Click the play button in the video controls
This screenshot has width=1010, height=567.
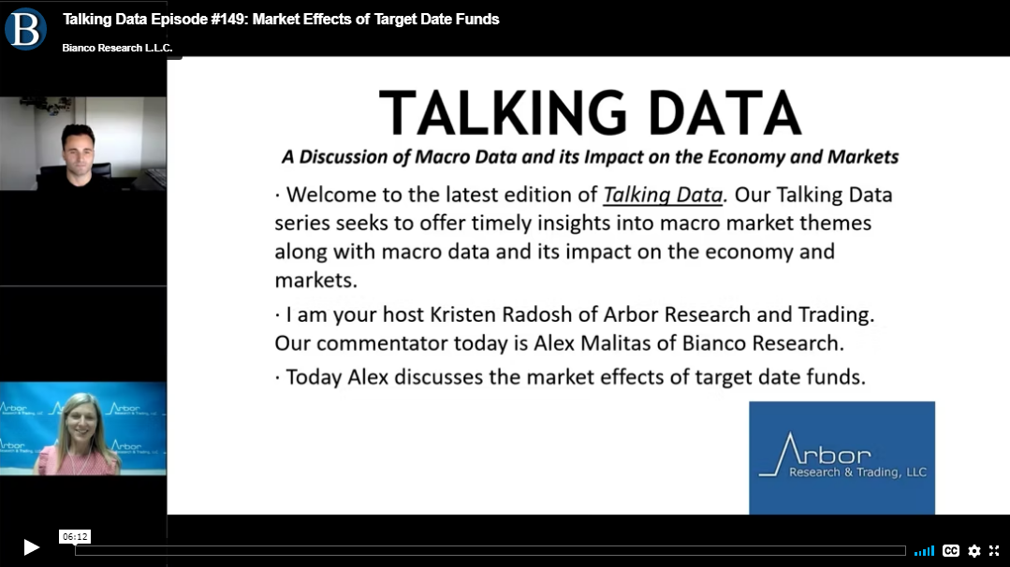[x=32, y=547]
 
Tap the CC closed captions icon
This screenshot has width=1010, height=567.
[x=951, y=551]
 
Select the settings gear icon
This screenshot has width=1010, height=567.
[x=974, y=551]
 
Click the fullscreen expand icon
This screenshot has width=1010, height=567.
[x=994, y=551]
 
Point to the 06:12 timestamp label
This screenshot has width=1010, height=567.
[x=75, y=537]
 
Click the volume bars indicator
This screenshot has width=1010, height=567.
[x=924, y=551]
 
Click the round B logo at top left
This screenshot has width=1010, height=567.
[x=26, y=29]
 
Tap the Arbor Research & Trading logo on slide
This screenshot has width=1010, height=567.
[x=842, y=458]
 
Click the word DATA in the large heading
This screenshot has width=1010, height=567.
[x=725, y=112]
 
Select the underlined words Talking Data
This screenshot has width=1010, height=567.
[x=663, y=195]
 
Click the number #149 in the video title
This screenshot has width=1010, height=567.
[x=229, y=20]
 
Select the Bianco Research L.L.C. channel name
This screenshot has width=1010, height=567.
[x=117, y=48]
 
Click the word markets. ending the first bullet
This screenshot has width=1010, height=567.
[x=315, y=281]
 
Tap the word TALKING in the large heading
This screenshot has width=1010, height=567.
[x=503, y=112]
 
